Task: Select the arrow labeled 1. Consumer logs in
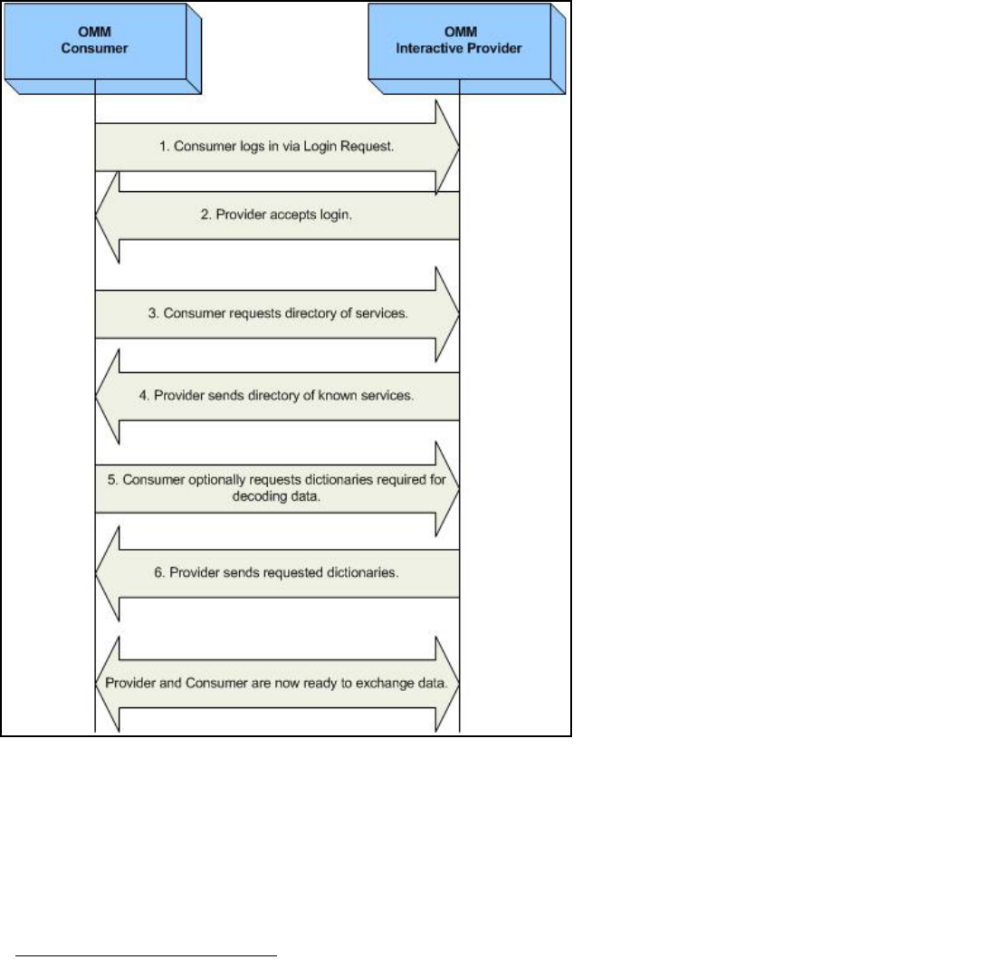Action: pyautogui.click(x=272, y=146)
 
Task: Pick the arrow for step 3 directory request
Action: pyautogui.click(x=272, y=314)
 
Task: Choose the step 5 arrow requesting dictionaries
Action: pyautogui.click(x=272, y=489)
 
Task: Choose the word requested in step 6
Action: pyautogui.click(x=298, y=573)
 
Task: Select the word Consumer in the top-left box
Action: pyautogui.click(x=94, y=48)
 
